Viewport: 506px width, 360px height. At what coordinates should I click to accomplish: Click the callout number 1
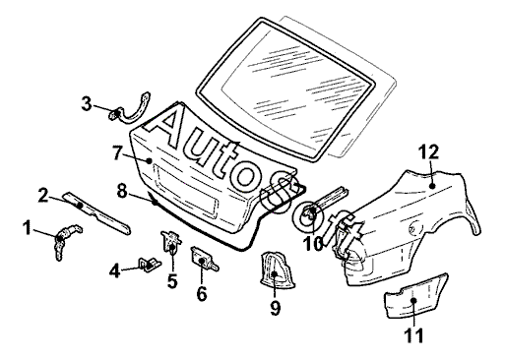tap(28, 228)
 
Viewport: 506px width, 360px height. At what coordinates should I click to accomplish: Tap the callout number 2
tap(43, 195)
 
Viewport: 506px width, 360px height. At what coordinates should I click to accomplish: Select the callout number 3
tap(87, 103)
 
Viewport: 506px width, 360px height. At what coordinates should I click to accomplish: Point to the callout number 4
tap(115, 271)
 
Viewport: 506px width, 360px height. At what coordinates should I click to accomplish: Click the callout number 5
tap(172, 281)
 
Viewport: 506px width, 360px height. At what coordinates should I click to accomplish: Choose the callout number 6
tap(202, 293)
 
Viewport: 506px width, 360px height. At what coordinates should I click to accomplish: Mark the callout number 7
tap(118, 152)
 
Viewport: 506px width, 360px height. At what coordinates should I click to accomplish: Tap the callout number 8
tap(122, 191)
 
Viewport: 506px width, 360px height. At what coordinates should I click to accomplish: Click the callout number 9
tap(275, 308)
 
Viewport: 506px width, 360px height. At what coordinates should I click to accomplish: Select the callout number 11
tap(413, 335)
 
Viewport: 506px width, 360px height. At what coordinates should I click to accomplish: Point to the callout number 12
tap(428, 151)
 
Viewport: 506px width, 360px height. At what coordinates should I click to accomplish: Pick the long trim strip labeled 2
tap(97, 213)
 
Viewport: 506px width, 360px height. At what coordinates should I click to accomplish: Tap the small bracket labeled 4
tap(149, 264)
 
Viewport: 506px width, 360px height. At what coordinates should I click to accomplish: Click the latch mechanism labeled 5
tap(170, 242)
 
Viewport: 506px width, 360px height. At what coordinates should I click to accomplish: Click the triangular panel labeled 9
tap(278, 270)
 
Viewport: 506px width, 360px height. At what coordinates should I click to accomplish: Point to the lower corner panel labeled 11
tap(415, 296)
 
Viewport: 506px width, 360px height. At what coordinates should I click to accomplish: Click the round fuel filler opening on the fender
tap(415, 228)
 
